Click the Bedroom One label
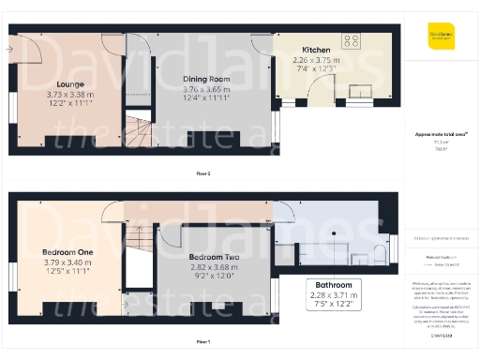67,252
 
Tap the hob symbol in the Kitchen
352,41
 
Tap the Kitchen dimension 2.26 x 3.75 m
314,59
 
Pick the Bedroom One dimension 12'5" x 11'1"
67,271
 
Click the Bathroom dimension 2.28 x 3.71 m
333,295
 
